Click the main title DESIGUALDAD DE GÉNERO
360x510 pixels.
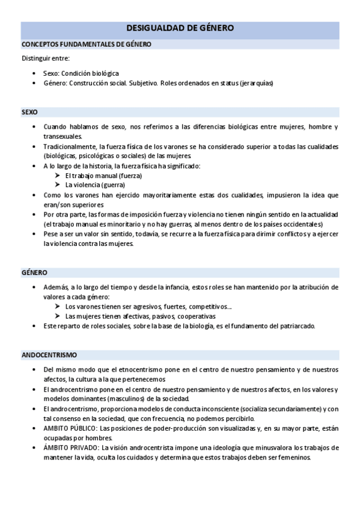tap(180, 28)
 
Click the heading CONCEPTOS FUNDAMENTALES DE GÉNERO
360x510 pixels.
tap(87, 44)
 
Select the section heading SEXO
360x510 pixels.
tap(29, 112)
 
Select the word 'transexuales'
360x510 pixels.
tap(61, 137)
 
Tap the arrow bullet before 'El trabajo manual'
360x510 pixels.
tap(58, 176)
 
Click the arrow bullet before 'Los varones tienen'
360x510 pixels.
tap(58, 307)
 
